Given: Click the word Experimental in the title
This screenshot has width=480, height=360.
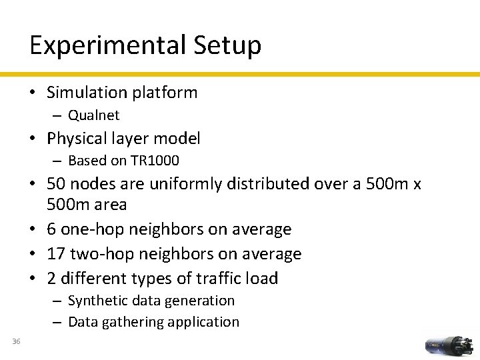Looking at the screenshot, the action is [107, 45].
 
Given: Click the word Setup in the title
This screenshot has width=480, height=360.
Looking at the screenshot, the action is [227, 45].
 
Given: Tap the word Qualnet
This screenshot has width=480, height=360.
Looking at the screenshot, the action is [93, 115].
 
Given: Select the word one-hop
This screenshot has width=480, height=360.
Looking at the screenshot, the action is [92, 229].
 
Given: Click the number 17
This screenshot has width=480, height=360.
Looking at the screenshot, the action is [55, 254].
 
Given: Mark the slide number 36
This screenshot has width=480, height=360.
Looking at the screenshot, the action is [16, 342].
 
